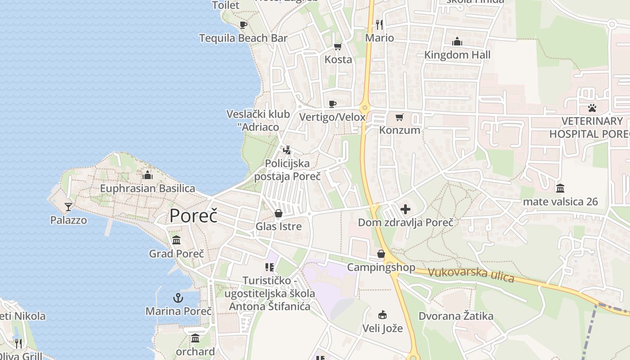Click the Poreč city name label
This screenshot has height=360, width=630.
tap(193, 216)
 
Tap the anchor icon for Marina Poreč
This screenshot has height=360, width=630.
tap(179, 298)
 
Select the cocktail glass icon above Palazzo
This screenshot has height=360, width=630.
tap(68, 207)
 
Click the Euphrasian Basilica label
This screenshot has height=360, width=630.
tap(148, 189)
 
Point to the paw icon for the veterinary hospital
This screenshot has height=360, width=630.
tap(592, 108)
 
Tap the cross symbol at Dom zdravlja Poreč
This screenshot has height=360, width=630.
tap(405, 209)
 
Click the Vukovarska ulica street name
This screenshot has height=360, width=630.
tap(471, 274)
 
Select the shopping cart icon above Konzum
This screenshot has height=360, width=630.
tap(399, 117)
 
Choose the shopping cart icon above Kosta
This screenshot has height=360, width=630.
tap(338, 46)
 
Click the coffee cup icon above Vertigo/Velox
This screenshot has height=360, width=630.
tap(333, 104)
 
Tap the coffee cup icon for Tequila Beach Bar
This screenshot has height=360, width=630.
tap(243, 25)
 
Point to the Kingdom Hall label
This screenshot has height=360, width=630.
tap(457, 55)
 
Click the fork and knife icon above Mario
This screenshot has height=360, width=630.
tap(379, 24)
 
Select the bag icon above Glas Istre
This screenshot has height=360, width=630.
tap(279, 213)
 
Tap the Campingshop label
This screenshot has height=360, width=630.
tap(381, 267)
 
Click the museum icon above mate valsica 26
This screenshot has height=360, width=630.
tap(560, 188)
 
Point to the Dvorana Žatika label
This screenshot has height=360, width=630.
tap(456, 316)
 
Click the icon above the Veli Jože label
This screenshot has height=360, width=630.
tap(382, 315)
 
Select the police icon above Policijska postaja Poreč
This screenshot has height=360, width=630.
tap(287, 150)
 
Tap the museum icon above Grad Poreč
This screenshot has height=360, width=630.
tap(176, 240)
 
